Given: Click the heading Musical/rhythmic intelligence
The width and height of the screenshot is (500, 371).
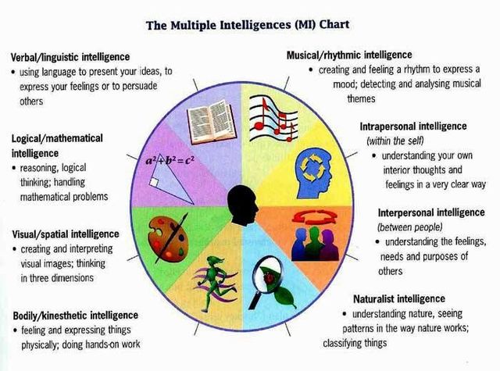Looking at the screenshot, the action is pyautogui.click(x=349, y=55).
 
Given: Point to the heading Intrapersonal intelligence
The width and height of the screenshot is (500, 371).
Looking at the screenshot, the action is pyautogui.click(x=413, y=126).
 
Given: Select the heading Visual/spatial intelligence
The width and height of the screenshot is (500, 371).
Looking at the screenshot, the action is pyautogui.click(x=66, y=234).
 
